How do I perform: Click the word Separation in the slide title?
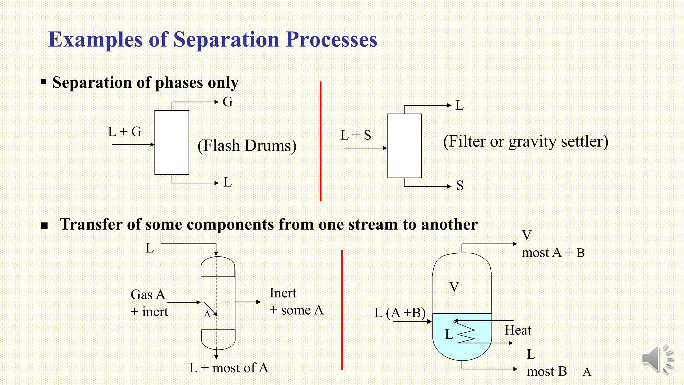(226, 40)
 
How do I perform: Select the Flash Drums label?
(247, 146)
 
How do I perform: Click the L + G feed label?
(125, 132)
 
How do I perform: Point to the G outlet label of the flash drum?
(227, 102)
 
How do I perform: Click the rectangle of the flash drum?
(172, 143)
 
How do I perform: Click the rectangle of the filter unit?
(404, 146)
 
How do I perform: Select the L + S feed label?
(356, 135)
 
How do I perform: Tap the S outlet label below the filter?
(460, 186)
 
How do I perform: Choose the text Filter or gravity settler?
(525, 142)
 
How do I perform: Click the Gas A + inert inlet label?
(149, 303)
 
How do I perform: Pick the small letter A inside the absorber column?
(207, 314)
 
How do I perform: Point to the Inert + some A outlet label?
(296, 302)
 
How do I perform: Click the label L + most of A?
(228, 368)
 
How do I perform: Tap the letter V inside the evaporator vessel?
(454, 287)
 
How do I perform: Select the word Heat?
(518, 330)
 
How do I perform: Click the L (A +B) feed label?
(400, 313)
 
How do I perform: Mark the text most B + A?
(559, 372)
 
